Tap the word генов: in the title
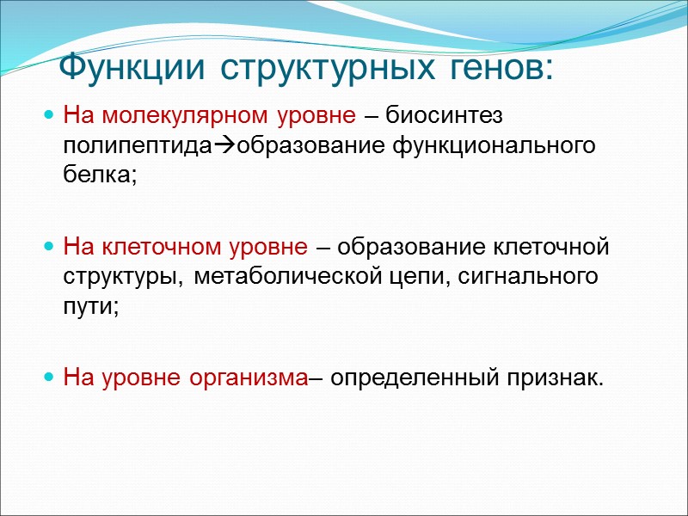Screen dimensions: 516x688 pos(500,66)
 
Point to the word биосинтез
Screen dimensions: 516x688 pos(444,114)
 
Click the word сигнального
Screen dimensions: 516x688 pos(525,279)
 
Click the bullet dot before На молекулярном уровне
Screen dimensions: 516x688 pos(49,115)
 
